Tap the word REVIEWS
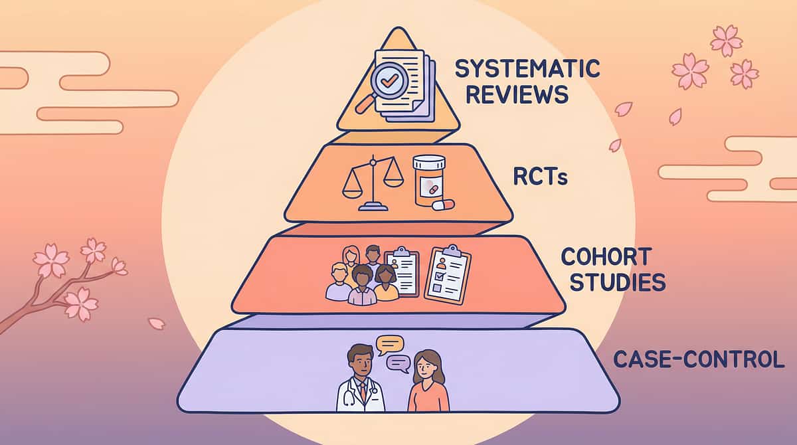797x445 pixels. (x=517, y=94)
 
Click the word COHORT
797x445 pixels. (x=606, y=256)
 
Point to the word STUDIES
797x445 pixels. (x=613, y=282)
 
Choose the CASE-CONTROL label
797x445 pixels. (x=699, y=359)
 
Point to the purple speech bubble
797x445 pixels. (x=397, y=363)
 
